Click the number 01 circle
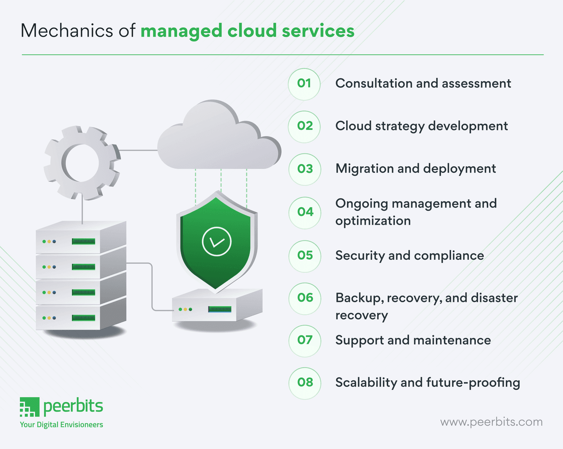click(304, 84)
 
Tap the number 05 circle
click(305, 255)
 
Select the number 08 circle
click(305, 382)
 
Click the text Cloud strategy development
click(421, 126)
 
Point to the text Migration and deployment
click(416, 169)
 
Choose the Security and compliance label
click(409, 255)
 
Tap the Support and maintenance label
click(413, 340)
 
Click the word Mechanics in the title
click(67, 31)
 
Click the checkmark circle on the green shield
click(216, 241)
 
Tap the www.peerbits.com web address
click(491, 422)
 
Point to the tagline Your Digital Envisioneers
click(62, 425)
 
